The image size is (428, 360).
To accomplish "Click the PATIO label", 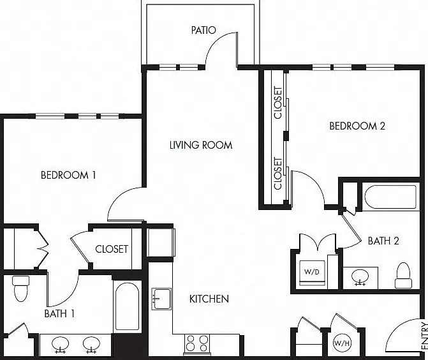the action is (203, 30).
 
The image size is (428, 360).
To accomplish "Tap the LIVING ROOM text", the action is (201, 145).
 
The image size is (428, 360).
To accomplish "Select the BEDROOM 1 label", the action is (68, 175).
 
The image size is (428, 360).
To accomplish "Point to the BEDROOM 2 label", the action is (357, 126).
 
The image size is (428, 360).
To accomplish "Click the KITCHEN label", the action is (209, 299).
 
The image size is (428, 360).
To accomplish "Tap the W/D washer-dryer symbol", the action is (312, 273).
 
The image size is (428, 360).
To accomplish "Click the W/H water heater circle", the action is (343, 343).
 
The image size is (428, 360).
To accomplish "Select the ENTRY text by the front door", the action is (424, 336).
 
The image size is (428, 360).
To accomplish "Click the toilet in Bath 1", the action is (21, 289).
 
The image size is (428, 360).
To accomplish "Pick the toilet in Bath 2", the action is (403, 275).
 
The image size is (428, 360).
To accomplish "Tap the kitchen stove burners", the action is (197, 344).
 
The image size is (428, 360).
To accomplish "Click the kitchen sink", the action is (161, 299).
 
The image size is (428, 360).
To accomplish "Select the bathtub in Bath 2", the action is (391, 197).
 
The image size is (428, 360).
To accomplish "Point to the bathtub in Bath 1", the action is (127, 307).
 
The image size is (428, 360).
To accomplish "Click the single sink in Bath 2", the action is (360, 277).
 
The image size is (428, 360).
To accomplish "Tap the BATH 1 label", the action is (59, 314).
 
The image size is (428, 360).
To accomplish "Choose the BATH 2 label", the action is (383, 241).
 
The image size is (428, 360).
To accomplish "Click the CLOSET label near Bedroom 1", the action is (112, 249).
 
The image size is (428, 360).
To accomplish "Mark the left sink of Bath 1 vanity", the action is (61, 345).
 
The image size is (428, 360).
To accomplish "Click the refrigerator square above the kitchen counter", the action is (161, 243).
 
